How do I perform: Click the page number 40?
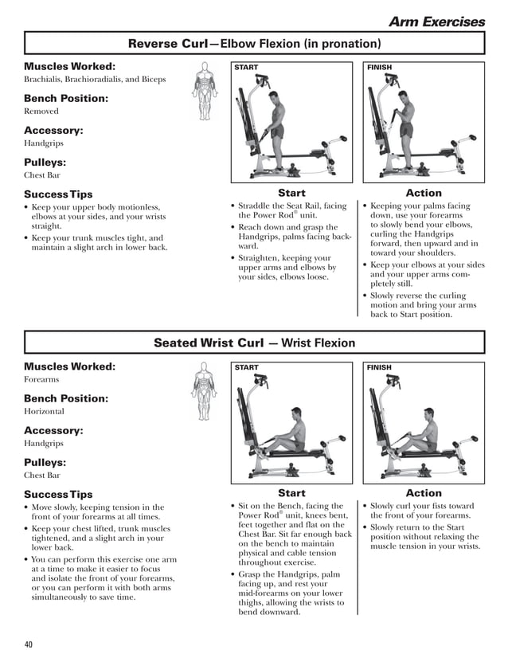point(29,644)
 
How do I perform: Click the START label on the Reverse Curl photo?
point(247,68)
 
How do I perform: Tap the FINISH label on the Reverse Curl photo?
point(380,68)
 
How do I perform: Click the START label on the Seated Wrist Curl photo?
point(247,368)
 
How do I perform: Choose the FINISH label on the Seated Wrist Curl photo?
point(380,368)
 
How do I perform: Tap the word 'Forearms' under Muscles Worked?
point(42,380)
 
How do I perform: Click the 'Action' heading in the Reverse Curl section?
point(424,193)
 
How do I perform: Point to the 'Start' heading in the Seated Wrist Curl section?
point(291,493)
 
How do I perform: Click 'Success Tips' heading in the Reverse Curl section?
point(58,194)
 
